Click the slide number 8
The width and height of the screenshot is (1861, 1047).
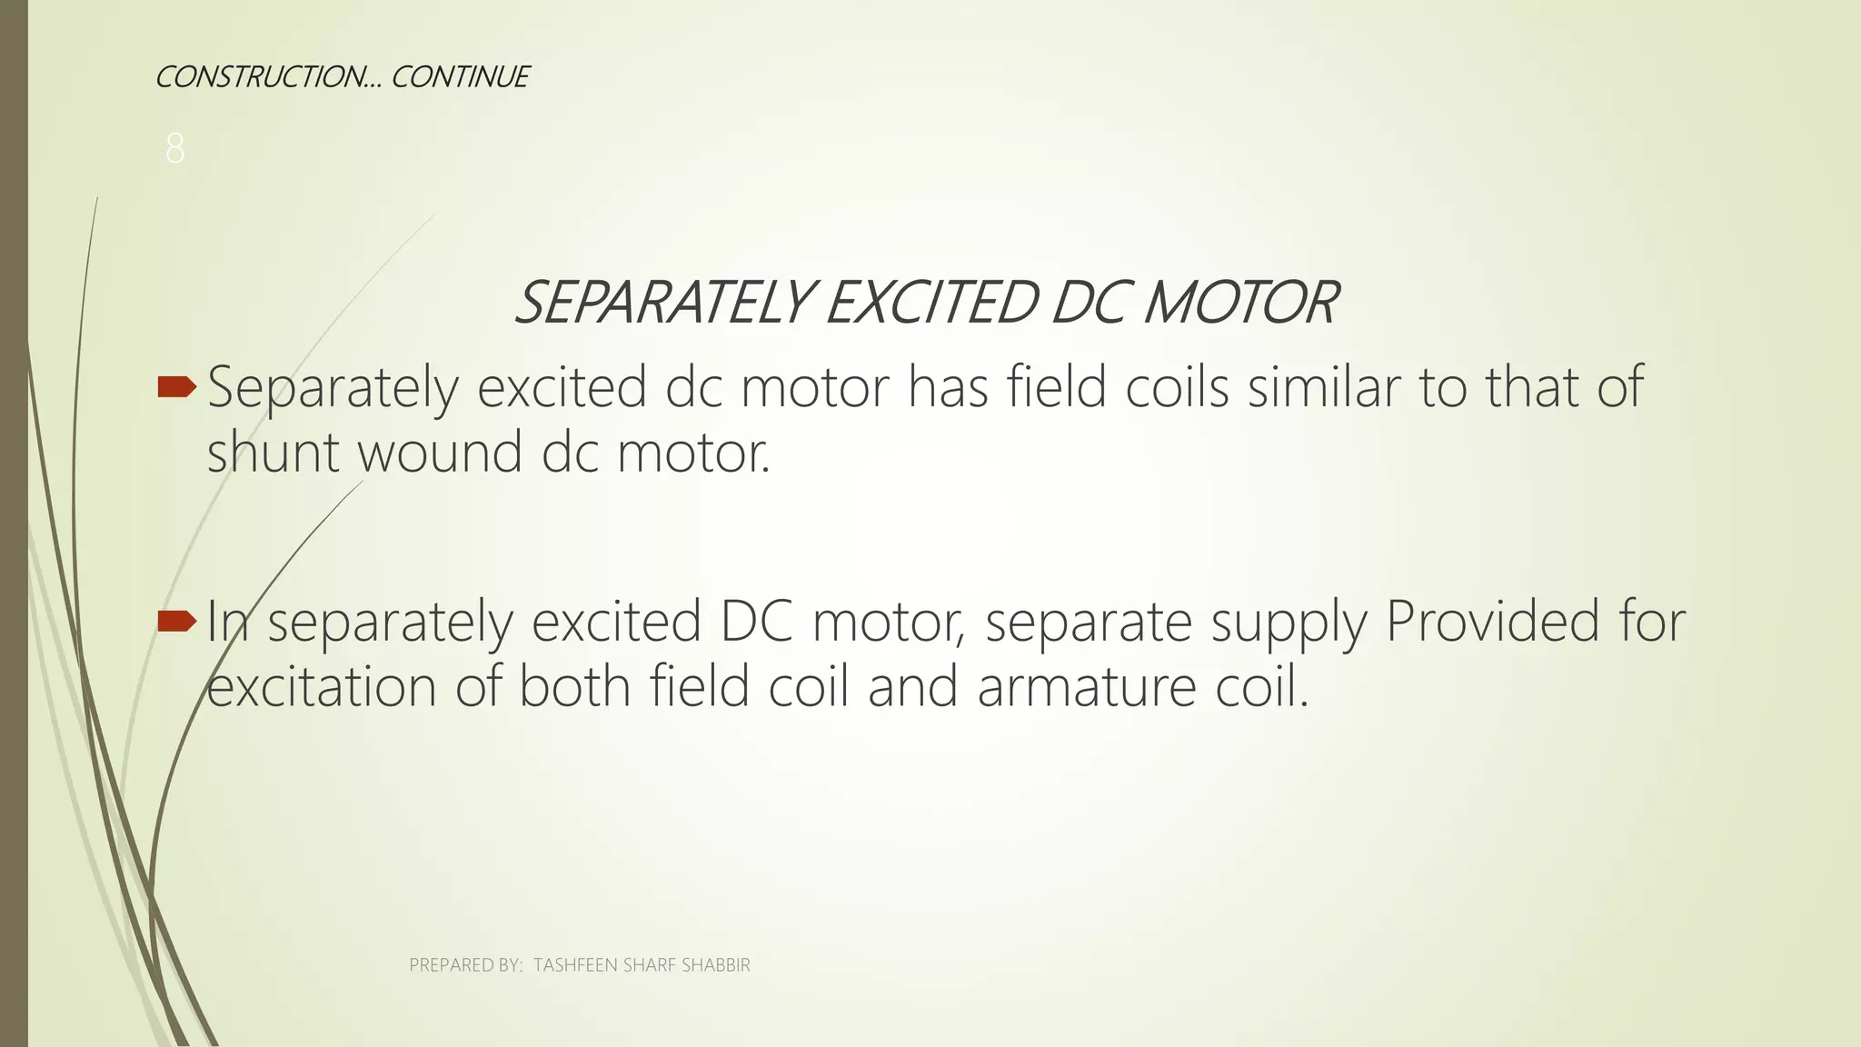(175, 148)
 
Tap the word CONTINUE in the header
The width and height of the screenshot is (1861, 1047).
(460, 77)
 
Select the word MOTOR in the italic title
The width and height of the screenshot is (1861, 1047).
(1240, 303)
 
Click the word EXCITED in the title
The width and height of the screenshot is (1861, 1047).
(930, 303)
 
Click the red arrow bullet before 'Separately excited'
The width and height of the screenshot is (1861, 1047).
(176, 388)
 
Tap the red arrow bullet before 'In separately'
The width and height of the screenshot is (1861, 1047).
(176, 622)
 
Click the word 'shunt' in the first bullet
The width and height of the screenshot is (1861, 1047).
(274, 453)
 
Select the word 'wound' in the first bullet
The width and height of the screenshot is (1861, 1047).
(440, 453)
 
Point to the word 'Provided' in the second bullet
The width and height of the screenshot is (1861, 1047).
(1492, 622)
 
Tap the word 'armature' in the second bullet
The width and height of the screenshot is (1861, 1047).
(1087, 687)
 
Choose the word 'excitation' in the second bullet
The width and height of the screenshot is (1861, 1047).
(321, 687)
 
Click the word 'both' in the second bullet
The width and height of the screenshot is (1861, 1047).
(574, 687)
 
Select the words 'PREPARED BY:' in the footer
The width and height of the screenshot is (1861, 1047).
(465, 965)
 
